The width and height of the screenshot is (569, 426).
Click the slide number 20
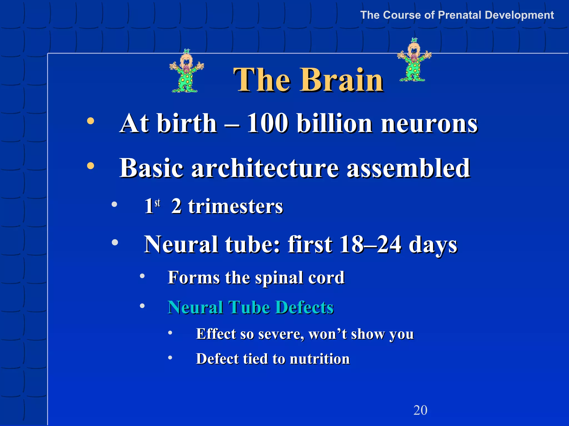point(420,410)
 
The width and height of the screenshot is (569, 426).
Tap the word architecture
point(265,168)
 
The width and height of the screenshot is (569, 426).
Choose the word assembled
point(408,168)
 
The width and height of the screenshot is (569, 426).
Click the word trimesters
point(235,206)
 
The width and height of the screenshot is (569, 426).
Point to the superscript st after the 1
point(158,203)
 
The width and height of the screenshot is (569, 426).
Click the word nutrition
point(320,359)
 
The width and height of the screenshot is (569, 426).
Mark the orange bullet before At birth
point(91,121)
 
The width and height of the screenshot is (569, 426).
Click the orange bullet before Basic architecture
point(91,166)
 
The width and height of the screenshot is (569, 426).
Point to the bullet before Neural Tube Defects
point(142,306)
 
